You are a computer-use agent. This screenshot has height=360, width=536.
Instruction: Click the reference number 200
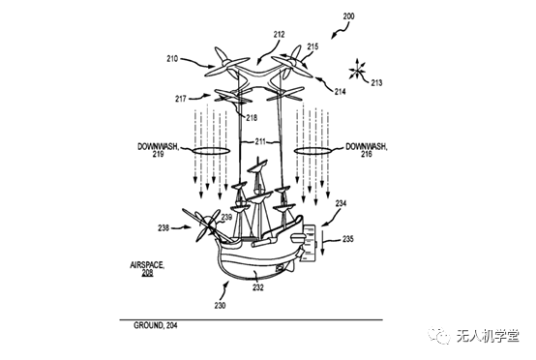coord(348,16)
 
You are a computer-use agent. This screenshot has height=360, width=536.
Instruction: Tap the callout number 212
coord(279,35)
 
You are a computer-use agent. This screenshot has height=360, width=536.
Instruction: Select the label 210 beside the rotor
coord(172,59)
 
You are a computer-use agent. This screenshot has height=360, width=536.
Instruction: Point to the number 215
coord(313,46)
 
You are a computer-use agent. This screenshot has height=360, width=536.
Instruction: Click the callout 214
coord(340,91)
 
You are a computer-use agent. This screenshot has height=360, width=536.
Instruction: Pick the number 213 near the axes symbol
coord(376,82)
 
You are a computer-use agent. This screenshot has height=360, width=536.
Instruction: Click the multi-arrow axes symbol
coord(358,70)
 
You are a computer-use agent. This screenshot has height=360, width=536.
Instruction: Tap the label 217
coord(181,99)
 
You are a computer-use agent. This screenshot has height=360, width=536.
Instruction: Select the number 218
coord(252,118)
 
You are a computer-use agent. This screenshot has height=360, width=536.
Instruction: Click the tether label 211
coord(260,141)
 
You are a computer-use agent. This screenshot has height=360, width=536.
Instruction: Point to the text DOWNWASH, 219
coord(159,150)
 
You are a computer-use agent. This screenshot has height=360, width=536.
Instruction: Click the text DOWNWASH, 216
coord(367,150)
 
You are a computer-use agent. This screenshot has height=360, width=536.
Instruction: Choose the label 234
coord(341,203)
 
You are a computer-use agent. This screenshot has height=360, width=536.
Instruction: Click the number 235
coord(347,239)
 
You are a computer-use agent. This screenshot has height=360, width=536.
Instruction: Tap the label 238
coord(164,227)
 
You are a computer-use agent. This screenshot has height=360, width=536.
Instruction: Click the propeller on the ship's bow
coord(206,225)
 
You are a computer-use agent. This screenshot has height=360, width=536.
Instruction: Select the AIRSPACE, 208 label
coord(147,269)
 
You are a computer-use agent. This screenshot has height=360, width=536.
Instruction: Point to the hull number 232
coord(258,287)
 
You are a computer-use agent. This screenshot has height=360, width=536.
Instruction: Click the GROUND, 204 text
coord(156,325)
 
